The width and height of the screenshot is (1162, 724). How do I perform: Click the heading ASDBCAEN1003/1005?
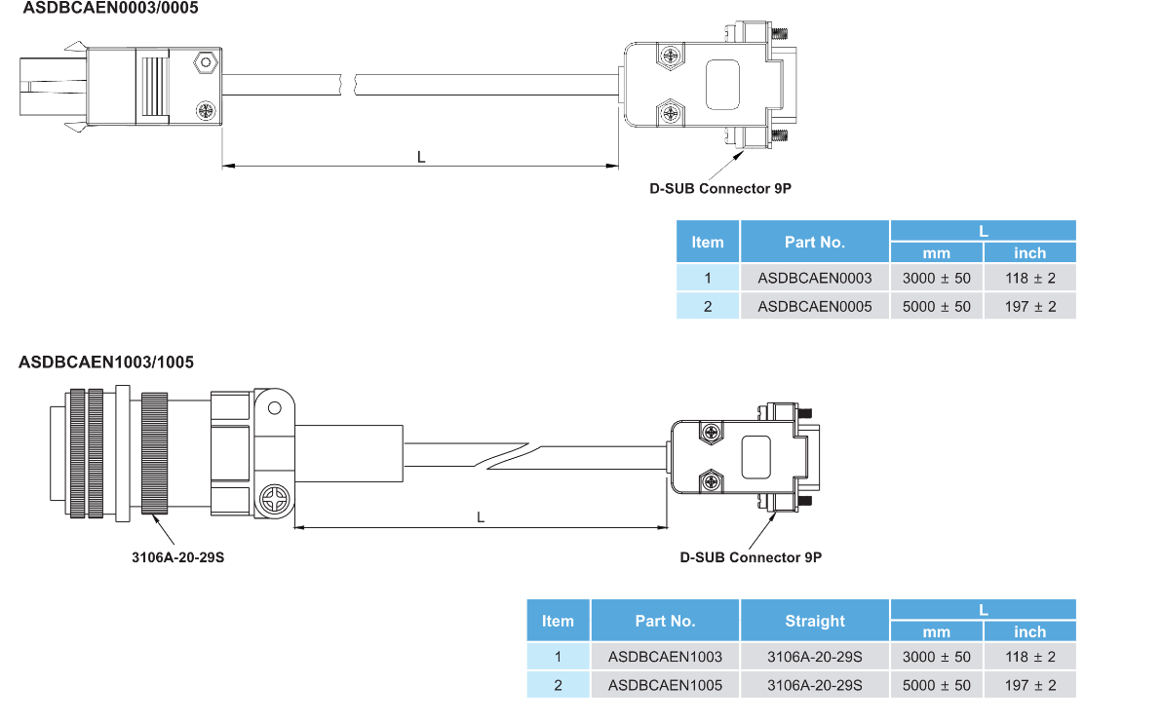coord(106,362)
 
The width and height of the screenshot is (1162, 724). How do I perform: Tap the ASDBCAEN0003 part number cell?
coord(815,278)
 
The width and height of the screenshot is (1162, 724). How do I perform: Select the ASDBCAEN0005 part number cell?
coord(815,306)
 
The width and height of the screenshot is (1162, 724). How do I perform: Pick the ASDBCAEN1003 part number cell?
coord(665,657)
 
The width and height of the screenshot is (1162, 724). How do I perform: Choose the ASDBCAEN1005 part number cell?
coord(665,685)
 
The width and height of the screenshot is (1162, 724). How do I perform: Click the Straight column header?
coord(815,621)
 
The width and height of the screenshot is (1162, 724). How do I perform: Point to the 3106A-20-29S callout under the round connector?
coord(178,558)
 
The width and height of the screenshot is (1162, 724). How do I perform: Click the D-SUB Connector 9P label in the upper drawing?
coord(720,189)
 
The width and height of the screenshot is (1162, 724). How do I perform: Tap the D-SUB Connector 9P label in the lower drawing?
coord(751,558)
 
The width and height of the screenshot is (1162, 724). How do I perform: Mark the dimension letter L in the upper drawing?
coord(421,156)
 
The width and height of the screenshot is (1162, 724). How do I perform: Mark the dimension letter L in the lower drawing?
coord(481,517)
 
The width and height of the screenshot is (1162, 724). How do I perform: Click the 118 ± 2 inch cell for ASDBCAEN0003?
coord(1030,278)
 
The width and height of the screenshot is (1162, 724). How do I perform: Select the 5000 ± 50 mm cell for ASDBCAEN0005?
coord(937,306)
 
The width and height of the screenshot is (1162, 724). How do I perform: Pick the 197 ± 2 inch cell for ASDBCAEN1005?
coord(1030,685)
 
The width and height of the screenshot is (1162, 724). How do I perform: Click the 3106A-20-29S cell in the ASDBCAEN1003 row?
coord(815,657)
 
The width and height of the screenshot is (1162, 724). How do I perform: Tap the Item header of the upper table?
coord(708,242)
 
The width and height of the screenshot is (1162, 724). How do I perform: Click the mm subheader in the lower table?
coord(937,631)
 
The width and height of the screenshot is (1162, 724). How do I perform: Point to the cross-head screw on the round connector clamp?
coord(274,503)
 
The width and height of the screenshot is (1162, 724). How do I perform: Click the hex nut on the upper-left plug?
coord(205,64)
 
